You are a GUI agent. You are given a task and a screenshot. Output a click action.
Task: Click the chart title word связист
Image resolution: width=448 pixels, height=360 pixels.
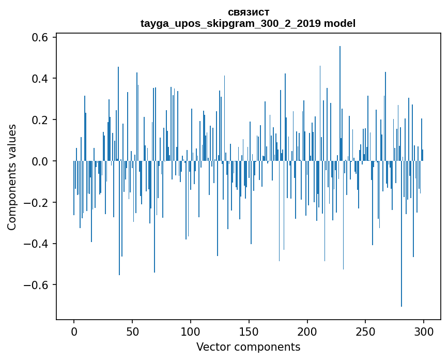point(248,12)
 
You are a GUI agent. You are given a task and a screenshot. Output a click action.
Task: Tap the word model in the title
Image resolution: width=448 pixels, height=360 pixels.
point(339,24)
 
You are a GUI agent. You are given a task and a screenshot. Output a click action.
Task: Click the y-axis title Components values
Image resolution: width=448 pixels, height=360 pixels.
point(12,177)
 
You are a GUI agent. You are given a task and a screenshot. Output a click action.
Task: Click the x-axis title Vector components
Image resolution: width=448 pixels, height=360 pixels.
point(248,347)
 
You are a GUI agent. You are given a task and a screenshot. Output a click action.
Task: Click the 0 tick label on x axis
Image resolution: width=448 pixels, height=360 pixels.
point(74,331)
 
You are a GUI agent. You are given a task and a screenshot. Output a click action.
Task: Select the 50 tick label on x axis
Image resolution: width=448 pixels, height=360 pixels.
point(132,331)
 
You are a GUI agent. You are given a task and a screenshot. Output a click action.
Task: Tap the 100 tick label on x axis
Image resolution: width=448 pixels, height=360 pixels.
point(191,331)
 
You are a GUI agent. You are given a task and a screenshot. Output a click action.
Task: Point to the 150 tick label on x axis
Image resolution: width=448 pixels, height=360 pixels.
point(249,331)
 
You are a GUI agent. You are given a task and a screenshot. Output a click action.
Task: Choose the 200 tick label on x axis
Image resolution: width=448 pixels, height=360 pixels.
point(307,331)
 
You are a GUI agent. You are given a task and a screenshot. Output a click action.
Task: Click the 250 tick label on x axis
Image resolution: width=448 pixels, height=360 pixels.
point(366,331)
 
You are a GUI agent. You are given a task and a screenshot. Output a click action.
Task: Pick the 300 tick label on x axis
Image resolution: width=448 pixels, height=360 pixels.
point(424,331)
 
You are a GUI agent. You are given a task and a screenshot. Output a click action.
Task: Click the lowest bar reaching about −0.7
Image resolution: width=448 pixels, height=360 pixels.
point(401,259)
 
